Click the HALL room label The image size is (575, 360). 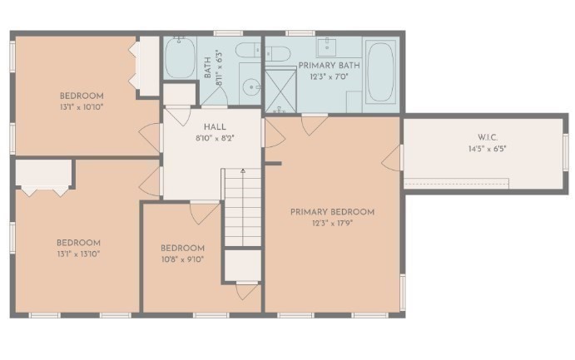pyautogui.click(x=215, y=127)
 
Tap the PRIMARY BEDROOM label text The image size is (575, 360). pyautogui.click(x=332, y=212)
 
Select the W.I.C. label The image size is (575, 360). pyautogui.click(x=488, y=137)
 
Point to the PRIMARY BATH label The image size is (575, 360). pyautogui.click(x=329, y=66)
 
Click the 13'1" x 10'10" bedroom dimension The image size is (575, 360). pyautogui.click(x=82, y=107)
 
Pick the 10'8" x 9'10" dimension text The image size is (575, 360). pyautogui.click(x=182, y=259)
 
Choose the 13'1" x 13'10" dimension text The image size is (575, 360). pyautogui.click(x=79, y=254)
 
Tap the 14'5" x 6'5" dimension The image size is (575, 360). pyautogui.click(x=488, y=149)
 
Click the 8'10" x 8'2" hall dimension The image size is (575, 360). pyautogui.click(x=215, y=139)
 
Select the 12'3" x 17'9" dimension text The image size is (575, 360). pyautogui.click(x=332, y=224)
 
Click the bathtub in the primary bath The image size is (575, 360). pyautogui.click(x=381, y=72)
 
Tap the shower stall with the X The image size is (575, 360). pyautogui.click(x=280, y=91)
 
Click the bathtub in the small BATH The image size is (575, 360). pyautogui.click(x=180, y=57)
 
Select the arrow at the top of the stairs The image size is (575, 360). pyautogui.click(x=243, y=170)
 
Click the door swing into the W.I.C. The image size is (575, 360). pyautogui.click(x=391, y=158)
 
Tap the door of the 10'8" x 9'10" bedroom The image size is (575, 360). pyautogui.click(x=204, y=213)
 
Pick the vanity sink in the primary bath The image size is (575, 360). pyautogui.click(x=326, y=47)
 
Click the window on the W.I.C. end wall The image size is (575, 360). pyautogui.click(x=565, y=151)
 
